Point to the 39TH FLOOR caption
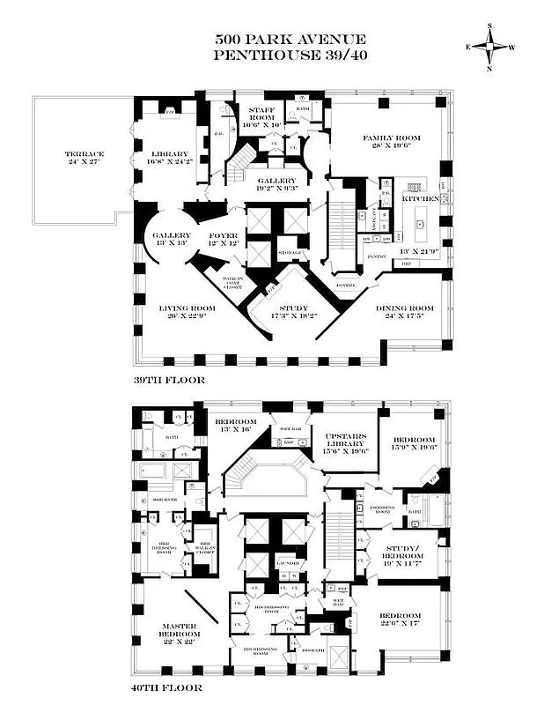pyautogui.click(x=170, y=380)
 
